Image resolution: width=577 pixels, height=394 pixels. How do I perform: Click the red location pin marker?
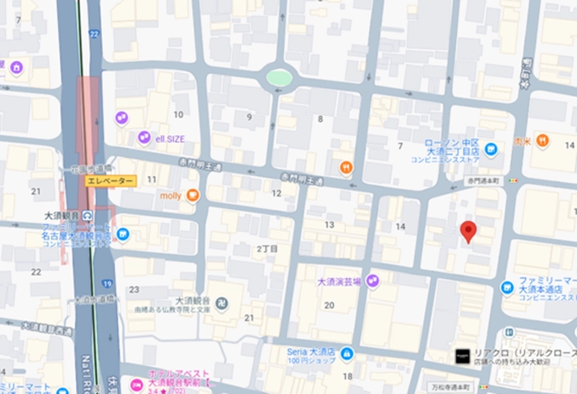coord(468,230)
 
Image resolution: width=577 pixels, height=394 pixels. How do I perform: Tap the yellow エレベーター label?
coord(110,181)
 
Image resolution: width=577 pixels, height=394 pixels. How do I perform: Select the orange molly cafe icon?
coord(192,196)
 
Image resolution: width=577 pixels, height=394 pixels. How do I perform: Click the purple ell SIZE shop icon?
coord(144,138)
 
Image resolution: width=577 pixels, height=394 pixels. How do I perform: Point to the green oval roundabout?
coord(279,78)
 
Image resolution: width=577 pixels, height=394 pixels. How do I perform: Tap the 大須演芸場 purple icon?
coord(373,280)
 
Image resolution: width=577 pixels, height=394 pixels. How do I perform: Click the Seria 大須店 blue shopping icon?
coord(347,354)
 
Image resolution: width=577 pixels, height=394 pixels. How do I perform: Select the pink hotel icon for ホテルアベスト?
coord(136,384)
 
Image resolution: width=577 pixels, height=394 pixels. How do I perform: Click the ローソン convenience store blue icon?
coord(490,149)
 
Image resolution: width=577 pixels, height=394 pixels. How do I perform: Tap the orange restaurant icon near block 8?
coord(346,167)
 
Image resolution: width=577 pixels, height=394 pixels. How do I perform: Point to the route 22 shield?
coord(94,33)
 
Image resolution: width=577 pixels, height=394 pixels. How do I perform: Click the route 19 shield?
coord(106,283)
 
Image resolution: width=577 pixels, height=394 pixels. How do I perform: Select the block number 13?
coord(329,225)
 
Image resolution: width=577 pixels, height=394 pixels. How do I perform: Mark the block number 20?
coord(329,305)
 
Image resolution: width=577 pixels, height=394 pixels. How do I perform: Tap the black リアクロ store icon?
coord(463,355)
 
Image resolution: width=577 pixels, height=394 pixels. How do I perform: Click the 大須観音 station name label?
coord(63,214)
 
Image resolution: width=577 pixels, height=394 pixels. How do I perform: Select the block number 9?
coord(249,117)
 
